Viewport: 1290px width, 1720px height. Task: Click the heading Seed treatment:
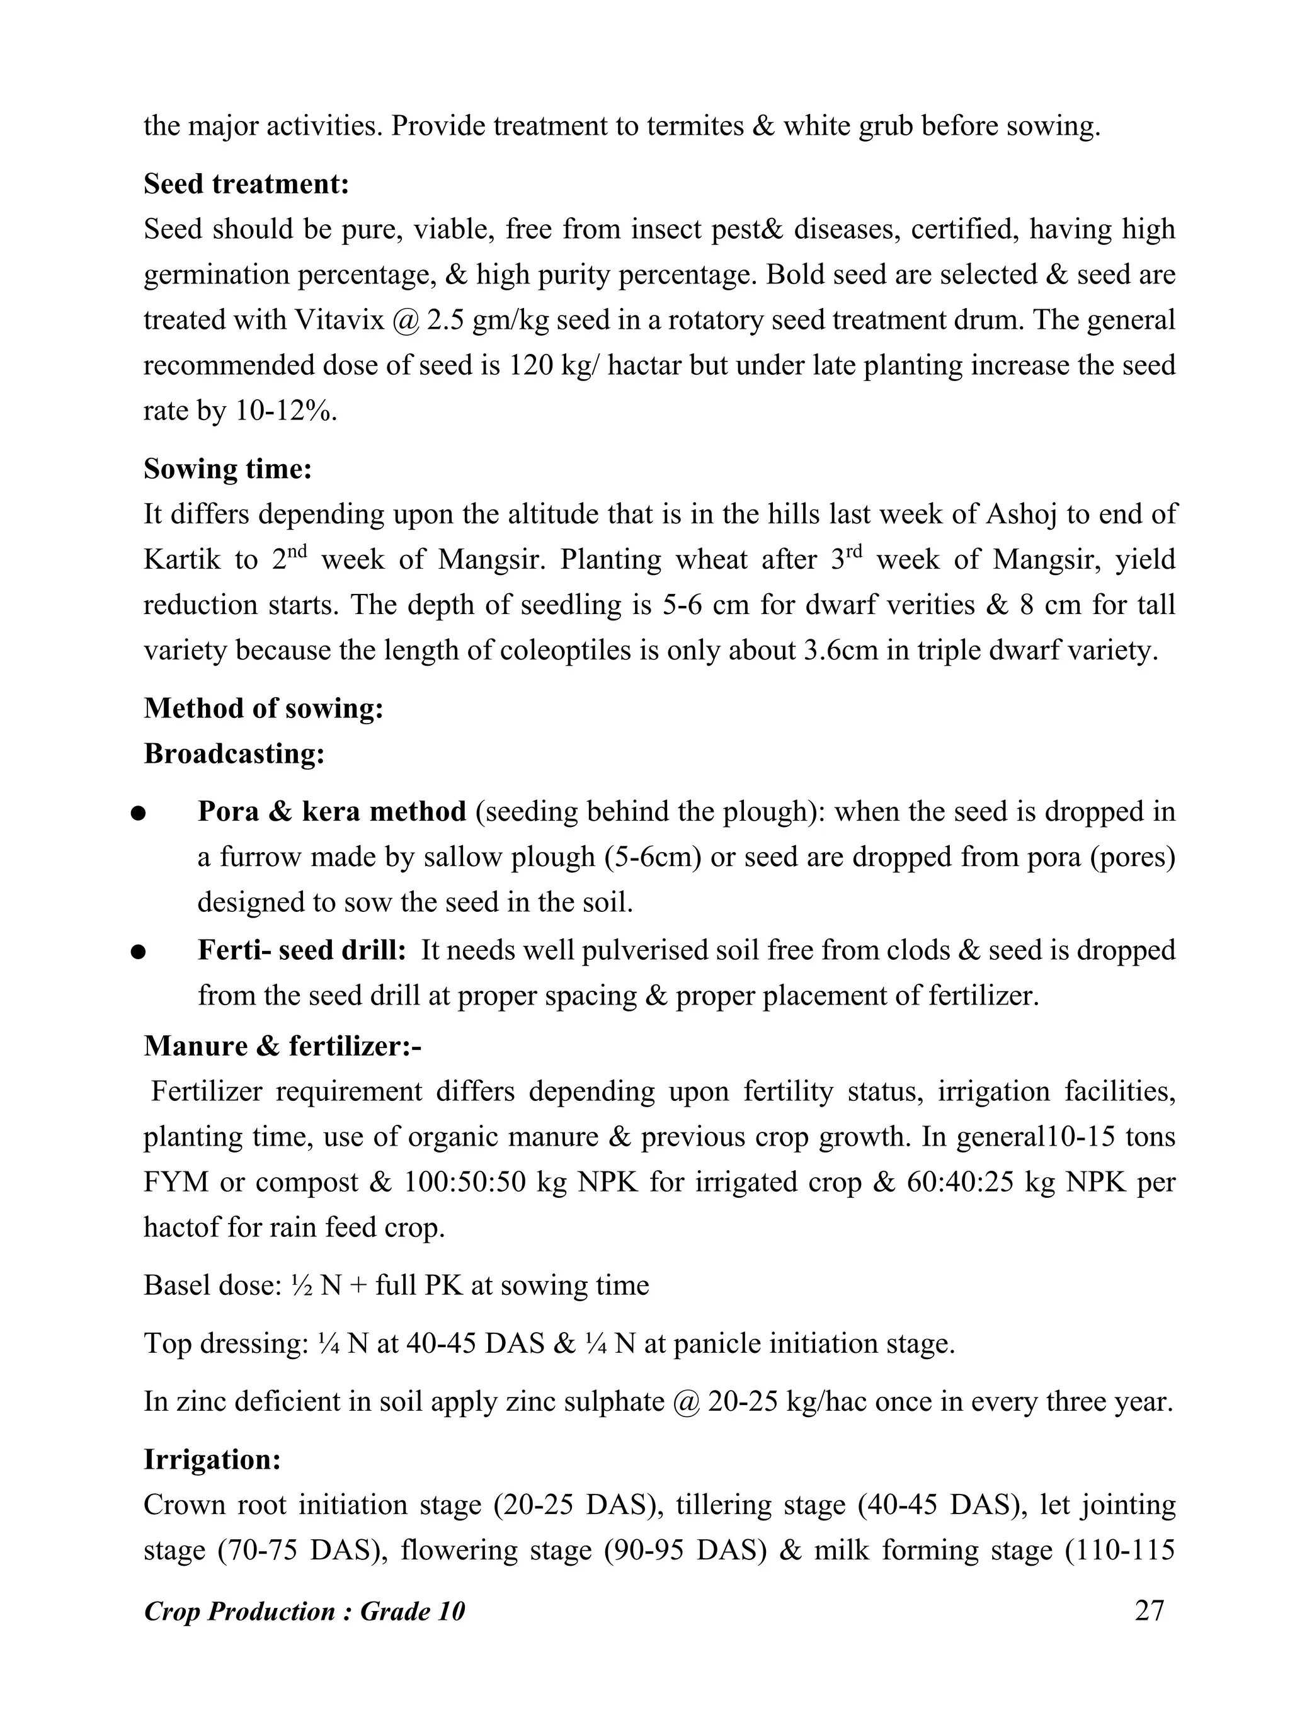246,185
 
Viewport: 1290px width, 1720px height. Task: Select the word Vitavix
340,319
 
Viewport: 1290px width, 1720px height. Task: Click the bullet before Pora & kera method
139,813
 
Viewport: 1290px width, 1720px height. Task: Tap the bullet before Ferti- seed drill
139,952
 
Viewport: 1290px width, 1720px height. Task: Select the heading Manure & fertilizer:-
282,1047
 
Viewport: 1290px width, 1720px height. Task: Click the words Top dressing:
226,1343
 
